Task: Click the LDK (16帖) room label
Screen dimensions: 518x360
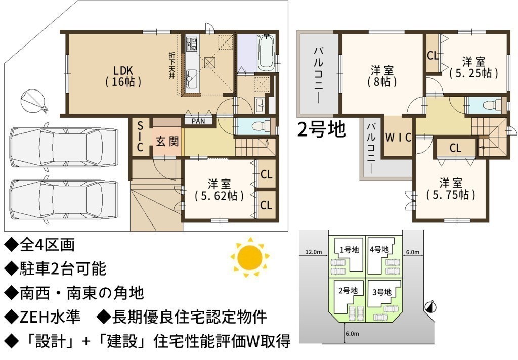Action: [123, 76]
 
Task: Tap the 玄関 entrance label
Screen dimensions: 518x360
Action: [167, 142]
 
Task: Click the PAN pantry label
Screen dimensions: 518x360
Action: [198, 121]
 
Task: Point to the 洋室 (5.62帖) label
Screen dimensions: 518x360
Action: [219, 190]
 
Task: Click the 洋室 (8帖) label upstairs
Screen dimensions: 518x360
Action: [382, 76]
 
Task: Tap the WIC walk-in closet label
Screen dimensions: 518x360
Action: [399, 137]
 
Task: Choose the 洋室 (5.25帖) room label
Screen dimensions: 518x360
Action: [473, 67]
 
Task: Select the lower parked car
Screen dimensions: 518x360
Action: [63, 200]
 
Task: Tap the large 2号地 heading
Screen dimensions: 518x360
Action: [321, 129]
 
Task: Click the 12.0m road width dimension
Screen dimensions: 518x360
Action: [313, 252]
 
